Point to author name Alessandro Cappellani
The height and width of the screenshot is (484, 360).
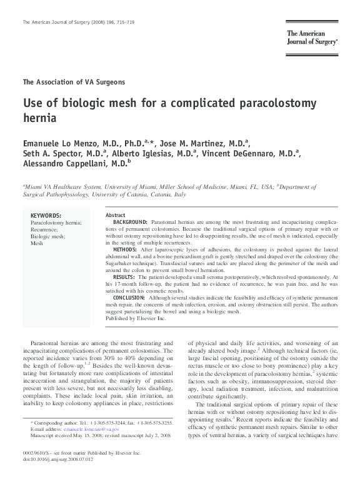pyautogui.click(x=65, y=165)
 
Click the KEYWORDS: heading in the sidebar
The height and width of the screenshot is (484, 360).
pyautogui.click(x=46, y=216)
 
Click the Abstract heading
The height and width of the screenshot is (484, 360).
pyautogui.click(x=116, y=215)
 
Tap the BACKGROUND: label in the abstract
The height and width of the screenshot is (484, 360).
pyautogui.click(x=131, y=222)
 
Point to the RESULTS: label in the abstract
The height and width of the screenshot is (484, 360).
pyautogui.click(x=124, y=277)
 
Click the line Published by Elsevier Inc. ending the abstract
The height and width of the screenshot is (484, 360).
pyautogui.click(x=135, y=318)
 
